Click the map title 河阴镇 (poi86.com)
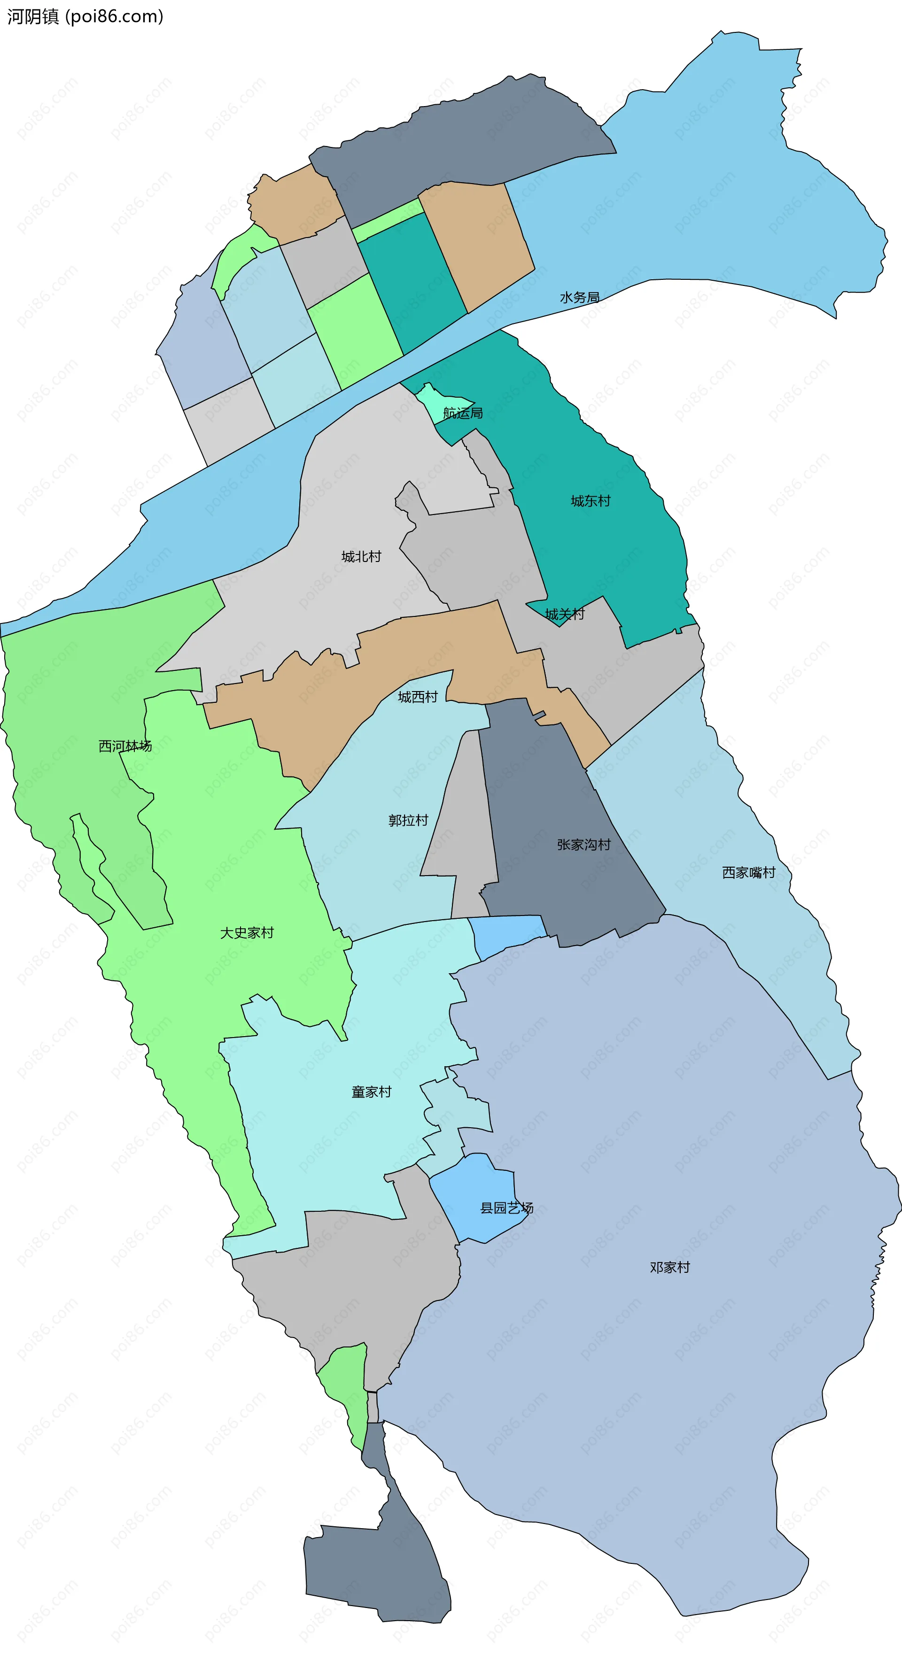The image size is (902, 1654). (x=85, y=17)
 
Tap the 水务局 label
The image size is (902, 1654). (x=580, y=297)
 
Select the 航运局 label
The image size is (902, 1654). (x=463, y=413)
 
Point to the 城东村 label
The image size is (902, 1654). (x=591, y=501)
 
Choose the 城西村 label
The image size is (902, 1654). (x=418, y=697)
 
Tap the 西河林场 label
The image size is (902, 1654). (x=125, y=746)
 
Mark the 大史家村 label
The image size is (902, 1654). (x=247, y=932)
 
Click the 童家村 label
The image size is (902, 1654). (x=371, y=1092)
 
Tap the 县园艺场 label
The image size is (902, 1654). (x=507, y=1208)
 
